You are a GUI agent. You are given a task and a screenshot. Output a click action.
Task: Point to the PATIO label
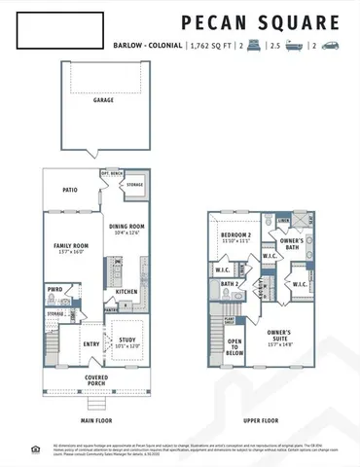pos(70,191)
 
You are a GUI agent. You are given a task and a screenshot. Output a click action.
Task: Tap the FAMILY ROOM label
pos(69,245)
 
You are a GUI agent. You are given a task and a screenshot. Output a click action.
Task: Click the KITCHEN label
pos(127,291)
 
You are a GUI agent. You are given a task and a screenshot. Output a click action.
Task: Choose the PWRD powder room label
pos(54,289)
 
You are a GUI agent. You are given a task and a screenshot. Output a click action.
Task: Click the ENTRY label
pos(91,343)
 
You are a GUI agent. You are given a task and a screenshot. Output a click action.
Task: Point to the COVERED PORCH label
pos(96,377)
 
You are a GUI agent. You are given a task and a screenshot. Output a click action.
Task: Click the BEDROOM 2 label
pos(232,236)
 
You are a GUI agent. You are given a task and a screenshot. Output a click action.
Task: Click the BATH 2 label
pos(230,284)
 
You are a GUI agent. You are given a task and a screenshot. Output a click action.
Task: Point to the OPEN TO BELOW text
pos(234,344)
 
